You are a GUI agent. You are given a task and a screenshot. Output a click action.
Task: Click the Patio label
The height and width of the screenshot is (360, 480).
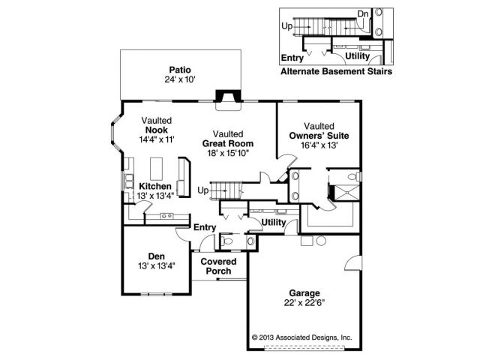coord(179,67)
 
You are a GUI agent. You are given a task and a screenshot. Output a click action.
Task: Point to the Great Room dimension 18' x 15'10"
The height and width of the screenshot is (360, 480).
coord(227,152)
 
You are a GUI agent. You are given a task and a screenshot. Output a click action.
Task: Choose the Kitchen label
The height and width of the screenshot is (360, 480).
coord(155,186)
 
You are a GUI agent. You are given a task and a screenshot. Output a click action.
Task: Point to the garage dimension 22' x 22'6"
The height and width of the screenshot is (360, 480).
coord(303,303)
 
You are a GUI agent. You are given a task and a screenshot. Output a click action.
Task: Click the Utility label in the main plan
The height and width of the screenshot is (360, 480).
coord(274,222)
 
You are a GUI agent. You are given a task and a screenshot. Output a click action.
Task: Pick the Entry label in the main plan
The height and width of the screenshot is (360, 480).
coord(205,227)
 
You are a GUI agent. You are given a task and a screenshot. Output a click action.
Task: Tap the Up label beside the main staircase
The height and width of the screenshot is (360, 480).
coord(202,190)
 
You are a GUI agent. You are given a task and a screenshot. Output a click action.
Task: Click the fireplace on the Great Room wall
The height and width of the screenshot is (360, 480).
coord(225,96)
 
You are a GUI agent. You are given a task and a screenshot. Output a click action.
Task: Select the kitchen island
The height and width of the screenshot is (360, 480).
coord(158,166)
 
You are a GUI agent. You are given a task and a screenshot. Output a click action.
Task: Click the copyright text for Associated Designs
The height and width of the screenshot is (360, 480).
coord(302,337)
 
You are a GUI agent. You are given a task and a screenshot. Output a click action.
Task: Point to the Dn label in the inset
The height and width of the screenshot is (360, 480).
coord(363,14)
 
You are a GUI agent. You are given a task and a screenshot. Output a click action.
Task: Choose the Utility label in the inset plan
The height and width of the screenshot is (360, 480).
coord(357,56)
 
